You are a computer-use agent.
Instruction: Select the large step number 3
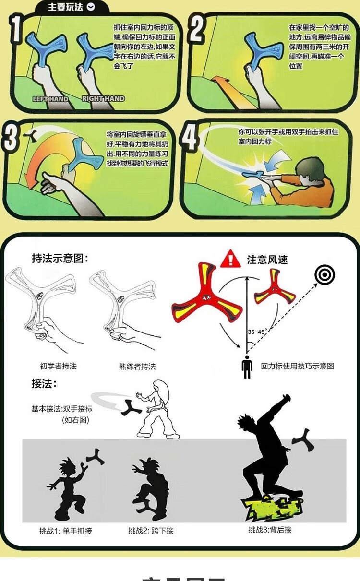(x=11, y=138)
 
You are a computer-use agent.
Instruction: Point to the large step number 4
(x=189, y=139)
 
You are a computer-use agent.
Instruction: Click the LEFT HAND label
(x=50, y=99)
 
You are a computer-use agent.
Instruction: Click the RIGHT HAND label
(x=103, y=98)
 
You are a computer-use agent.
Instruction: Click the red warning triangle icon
(x=230, y=259)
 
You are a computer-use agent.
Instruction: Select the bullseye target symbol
(x=324, y=274)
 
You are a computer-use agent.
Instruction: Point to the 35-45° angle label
(x=257, y=332)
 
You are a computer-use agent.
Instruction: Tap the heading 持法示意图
(x=60, y=258)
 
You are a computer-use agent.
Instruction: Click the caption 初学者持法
(x=59, y=366)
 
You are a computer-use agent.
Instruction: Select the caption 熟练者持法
(x=137, y=367)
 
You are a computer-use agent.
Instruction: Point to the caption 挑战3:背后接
(x=270, y=530)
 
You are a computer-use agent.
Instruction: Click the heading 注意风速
(x=267, y=260)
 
